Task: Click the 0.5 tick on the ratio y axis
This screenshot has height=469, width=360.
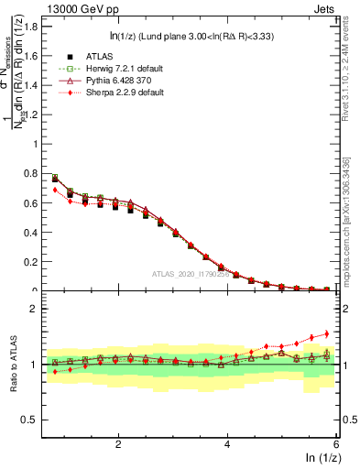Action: pos(29,420)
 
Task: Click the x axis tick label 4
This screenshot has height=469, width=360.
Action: pos(227,444)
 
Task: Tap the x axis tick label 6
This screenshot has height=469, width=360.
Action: pos(336,444)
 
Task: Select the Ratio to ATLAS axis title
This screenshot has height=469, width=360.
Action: pos(12,365)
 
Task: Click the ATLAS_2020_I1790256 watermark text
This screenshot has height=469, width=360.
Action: pos(191,273)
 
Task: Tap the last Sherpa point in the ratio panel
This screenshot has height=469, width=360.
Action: pos(326,333)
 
